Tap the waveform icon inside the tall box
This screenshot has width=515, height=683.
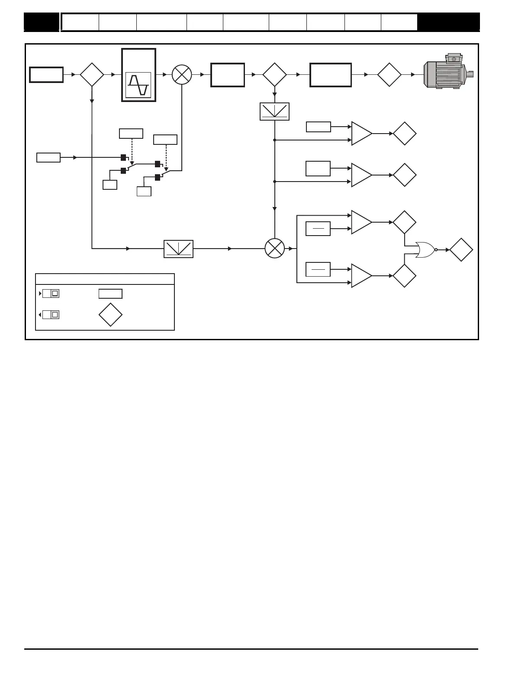tap(138, 85)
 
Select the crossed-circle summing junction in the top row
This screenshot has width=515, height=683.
tap(182, 74)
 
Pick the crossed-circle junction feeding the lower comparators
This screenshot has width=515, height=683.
tap(275, 249)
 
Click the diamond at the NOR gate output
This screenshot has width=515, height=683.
tap(461, 249)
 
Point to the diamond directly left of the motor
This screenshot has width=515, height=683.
tap(389, 74)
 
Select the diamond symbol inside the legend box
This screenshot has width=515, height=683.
tap(110, 315)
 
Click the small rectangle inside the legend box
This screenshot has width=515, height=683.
tap(110, 294)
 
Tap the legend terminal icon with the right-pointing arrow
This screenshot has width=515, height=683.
tap(50, 294)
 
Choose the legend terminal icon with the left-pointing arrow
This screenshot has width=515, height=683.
tap(50, 315)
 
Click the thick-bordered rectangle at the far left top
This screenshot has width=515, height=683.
tap(46, 74)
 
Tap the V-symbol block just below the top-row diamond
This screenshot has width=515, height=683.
tap(275, 112)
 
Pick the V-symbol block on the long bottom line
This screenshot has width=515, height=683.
tap(178, 249)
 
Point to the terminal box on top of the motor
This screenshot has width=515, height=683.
tap(454, 58)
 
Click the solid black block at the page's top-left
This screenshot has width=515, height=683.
tap(41, 22)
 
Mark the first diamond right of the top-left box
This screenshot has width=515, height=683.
tap(92, 74)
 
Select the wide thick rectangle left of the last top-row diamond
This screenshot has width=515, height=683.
tap(331, 74)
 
